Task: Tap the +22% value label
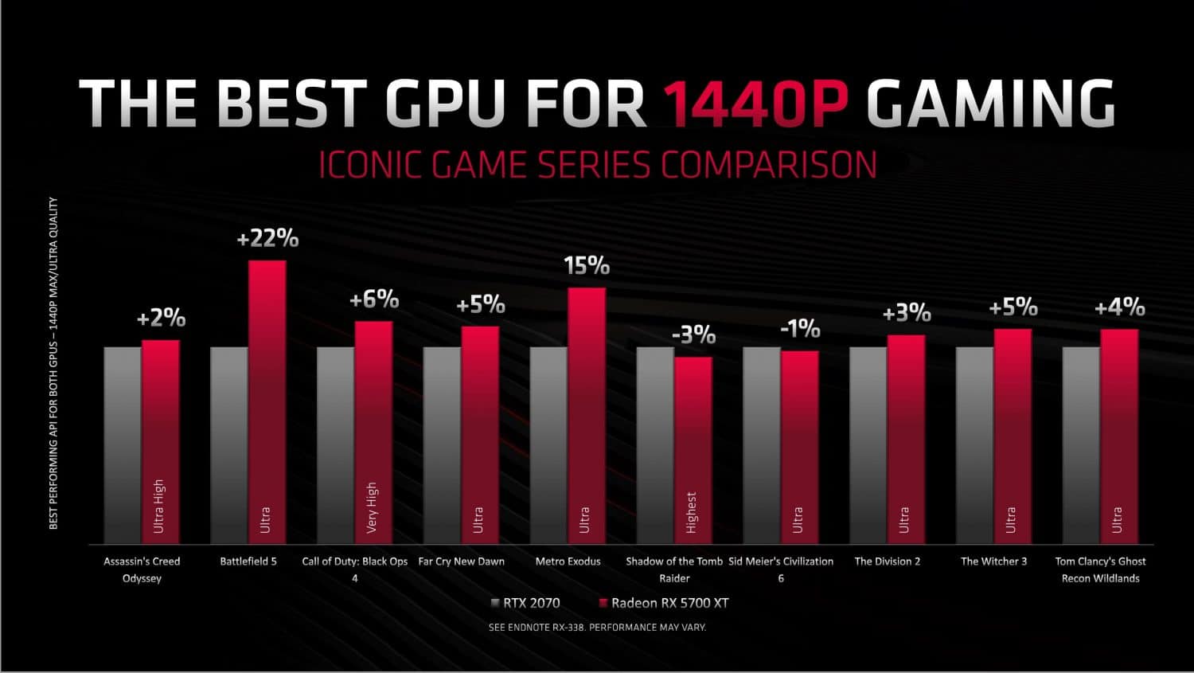click(x=267, y=238)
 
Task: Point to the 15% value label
click(x=587, y=265)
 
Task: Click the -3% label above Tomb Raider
click(x=693, y=335)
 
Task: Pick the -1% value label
click(x=800, y=328)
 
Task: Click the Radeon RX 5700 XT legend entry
click(x=663, y=603)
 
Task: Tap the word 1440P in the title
click(x=755, y=104)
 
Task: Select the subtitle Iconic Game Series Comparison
click(x=597, y=165)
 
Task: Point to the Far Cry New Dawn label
click(x=461, y=561)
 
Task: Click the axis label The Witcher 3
click(x=993, y=561)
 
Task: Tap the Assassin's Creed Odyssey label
click(x=142, y=569)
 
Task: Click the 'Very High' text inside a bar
click(x=372, y=507)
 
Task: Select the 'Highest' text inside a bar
click(x=691, y=511)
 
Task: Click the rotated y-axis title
click(x=53, y=363)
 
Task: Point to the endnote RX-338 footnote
click(x=597, y=628)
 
